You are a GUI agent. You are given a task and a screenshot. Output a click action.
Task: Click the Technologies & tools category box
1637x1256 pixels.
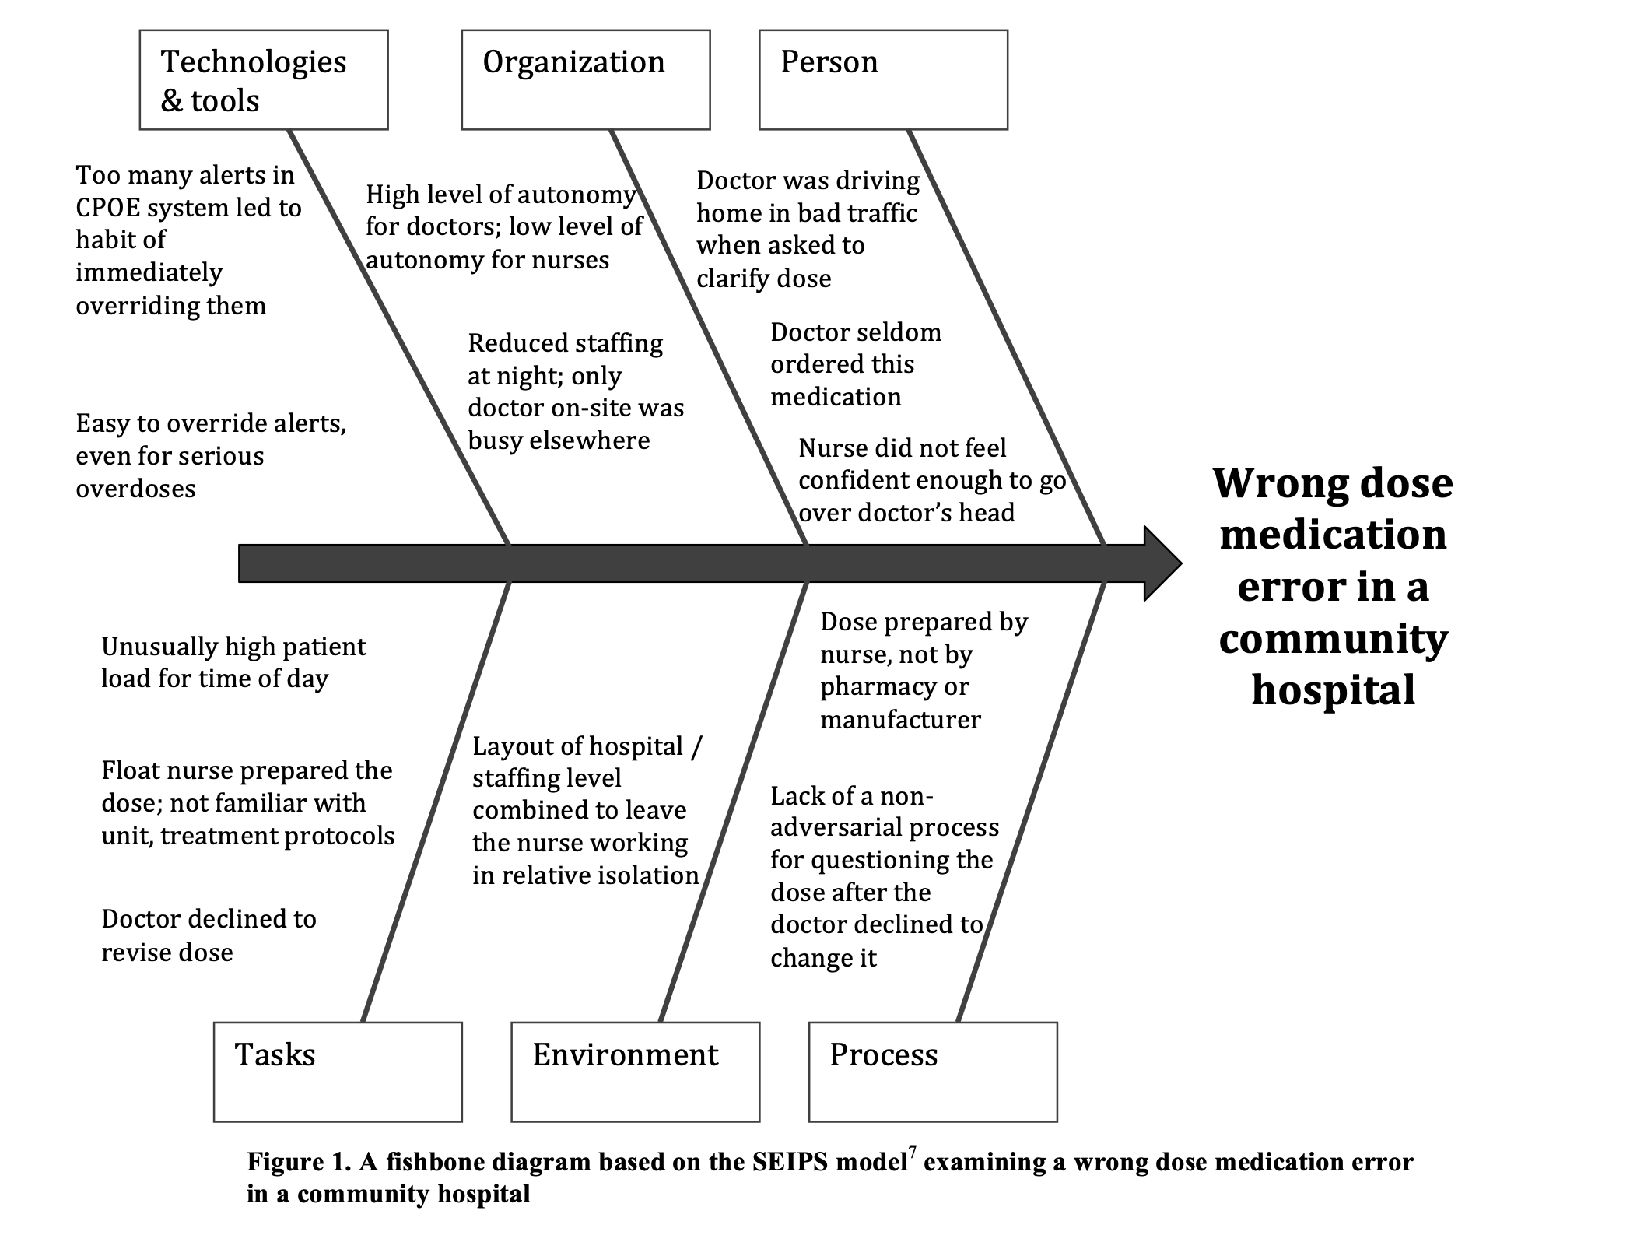point(263,79)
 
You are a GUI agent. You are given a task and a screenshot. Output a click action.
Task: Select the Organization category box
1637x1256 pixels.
point(585,79)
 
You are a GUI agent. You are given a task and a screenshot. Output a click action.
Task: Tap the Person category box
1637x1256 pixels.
point(883,79)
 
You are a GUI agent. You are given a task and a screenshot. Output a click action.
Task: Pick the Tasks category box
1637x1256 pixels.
point(338,1072)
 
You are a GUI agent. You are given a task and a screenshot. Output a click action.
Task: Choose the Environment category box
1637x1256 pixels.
point(635,1072)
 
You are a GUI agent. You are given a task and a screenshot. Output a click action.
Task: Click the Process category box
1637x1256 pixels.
point(933,1072)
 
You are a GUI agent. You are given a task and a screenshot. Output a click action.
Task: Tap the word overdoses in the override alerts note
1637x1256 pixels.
point(135,489)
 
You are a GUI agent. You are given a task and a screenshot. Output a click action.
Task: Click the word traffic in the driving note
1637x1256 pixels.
point(880,212)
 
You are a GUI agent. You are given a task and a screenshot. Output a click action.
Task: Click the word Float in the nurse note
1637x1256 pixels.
point(128,770)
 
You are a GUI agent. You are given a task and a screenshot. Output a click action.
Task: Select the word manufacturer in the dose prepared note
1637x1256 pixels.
point(900,720)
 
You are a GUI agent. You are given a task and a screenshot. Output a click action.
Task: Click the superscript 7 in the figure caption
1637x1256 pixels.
point(912,1153)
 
